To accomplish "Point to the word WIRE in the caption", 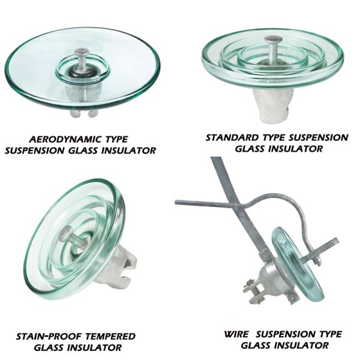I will tap(236, 334).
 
